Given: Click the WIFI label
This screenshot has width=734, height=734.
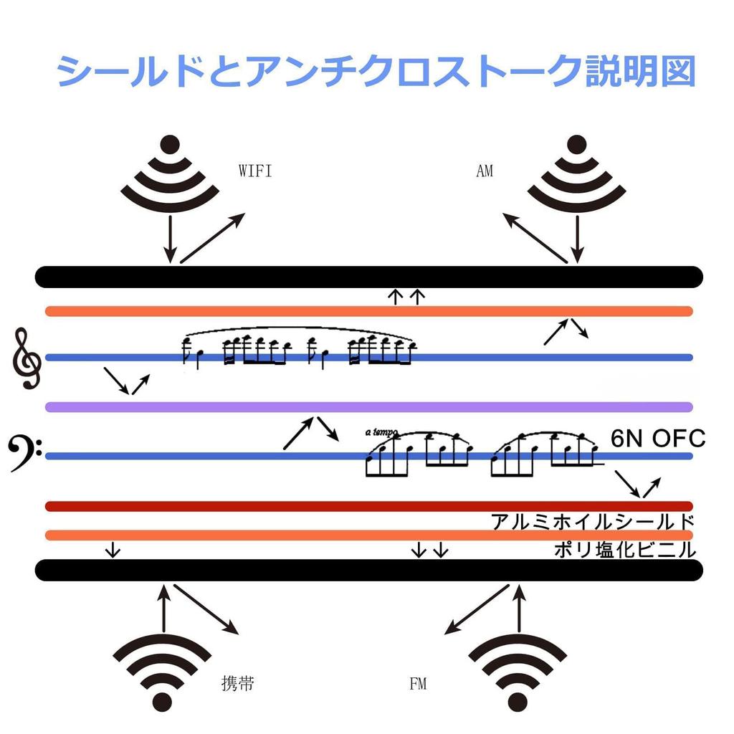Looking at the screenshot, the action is tap(255, 171).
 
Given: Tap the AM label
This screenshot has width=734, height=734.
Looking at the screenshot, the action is tap(485, 171).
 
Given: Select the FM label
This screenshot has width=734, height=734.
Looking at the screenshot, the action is tap(418, 684).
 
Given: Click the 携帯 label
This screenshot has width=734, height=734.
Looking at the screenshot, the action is tap(238, 684).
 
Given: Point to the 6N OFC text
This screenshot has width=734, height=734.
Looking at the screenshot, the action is tap(658, 439).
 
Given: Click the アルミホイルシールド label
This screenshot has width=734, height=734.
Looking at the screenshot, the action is tap(593, 522).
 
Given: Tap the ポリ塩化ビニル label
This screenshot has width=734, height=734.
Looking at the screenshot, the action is tap(625, 550).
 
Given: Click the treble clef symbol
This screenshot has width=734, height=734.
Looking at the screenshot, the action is tap(27, 358).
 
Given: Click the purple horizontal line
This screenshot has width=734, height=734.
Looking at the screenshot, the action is tap(369, 407).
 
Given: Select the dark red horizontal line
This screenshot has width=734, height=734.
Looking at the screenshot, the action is tap(369, 506).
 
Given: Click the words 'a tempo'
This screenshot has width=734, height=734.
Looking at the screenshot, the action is tap(381, 432).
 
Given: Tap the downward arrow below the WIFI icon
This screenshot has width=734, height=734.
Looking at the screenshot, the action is tap(170, 239).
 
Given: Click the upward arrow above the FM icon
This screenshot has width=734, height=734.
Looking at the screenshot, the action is tap(519, 608).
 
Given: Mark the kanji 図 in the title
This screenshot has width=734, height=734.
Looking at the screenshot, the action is tap(678, 71).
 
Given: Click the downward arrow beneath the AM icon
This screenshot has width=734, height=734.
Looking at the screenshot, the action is tap(578, 239).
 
